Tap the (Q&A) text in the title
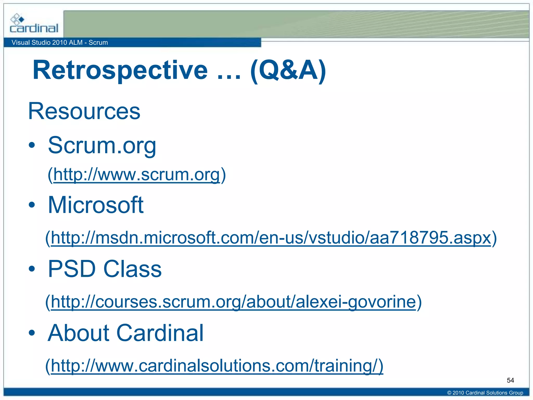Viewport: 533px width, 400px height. (x=288, y=70)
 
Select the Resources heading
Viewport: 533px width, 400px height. (x=84, y=111)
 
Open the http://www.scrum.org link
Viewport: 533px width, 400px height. (x=137, y=174)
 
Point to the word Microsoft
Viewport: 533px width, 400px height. (x=96, y=205)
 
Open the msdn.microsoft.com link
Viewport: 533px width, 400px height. (x=271, y=238)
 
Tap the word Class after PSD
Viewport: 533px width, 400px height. (x=132, y=269)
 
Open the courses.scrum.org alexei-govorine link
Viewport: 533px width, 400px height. (x=233, y=302)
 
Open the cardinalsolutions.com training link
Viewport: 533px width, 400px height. (x=217, y=366)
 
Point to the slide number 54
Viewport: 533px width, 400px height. (x=510, y=380)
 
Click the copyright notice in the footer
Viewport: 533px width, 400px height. (x=485, y=393)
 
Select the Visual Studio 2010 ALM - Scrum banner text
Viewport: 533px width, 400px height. (x=60, y=42)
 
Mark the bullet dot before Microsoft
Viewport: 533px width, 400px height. (x=32, y=205)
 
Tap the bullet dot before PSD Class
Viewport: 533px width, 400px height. (x=32, y=269)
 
